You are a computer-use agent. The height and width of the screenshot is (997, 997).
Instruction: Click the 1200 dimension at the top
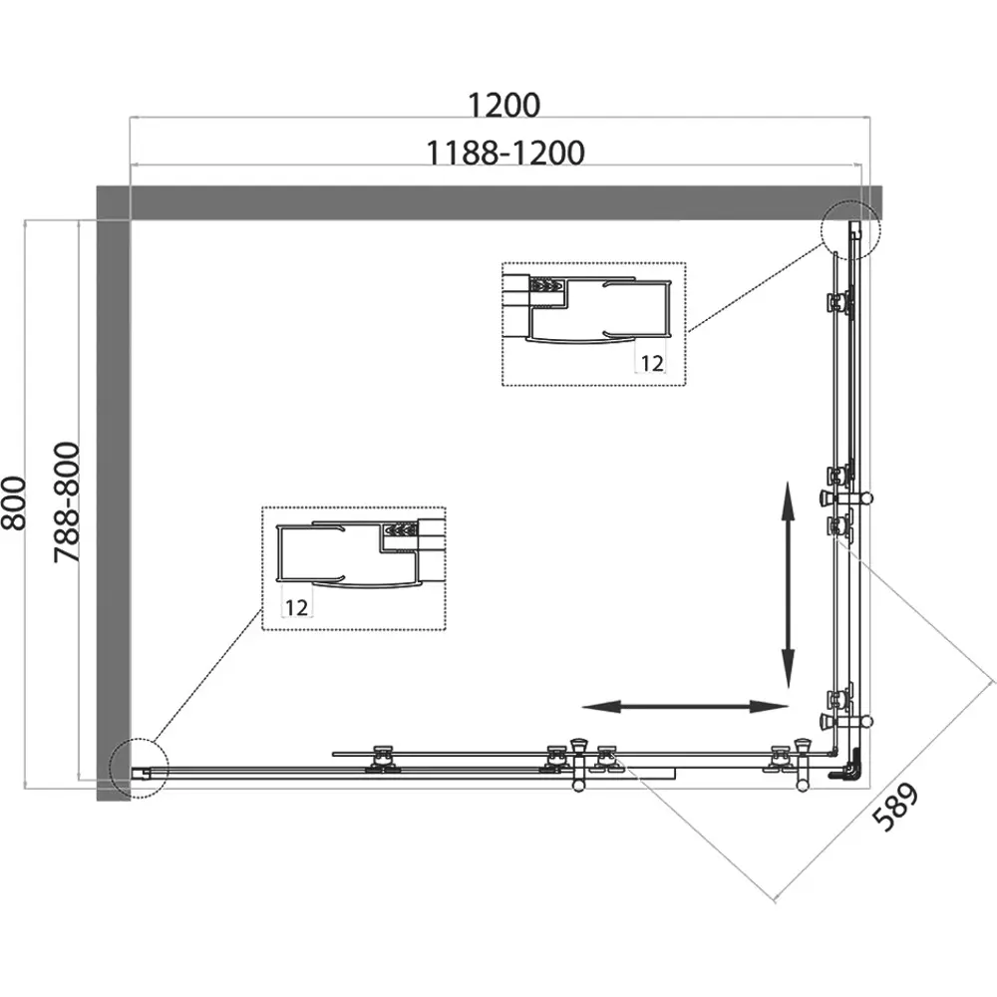tap(504, 105)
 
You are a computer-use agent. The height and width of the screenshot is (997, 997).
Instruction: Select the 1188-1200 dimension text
tap(504, 154)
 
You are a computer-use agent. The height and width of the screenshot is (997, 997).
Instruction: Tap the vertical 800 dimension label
tap(14, 502)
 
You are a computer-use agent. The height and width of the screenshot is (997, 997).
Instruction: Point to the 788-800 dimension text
tap(67, 502)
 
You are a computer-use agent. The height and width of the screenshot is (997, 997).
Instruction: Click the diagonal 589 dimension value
tap(895, 807)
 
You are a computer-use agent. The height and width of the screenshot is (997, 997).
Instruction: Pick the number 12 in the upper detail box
tap(652, 363)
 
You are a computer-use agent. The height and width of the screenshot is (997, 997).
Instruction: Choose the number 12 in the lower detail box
tap(296, 607)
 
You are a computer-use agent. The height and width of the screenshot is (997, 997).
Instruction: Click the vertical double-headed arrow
tap(788, 585)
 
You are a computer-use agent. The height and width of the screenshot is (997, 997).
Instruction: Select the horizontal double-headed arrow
tap(685, 707)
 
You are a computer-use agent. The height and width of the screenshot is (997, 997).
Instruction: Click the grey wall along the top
tap(490, 202)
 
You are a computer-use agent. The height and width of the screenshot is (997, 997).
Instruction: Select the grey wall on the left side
tap(114, 509)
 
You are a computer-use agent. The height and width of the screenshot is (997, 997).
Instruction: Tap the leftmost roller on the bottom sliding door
tap(383, 760)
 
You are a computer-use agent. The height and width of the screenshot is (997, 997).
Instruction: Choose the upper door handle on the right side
tap(845, 498)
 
